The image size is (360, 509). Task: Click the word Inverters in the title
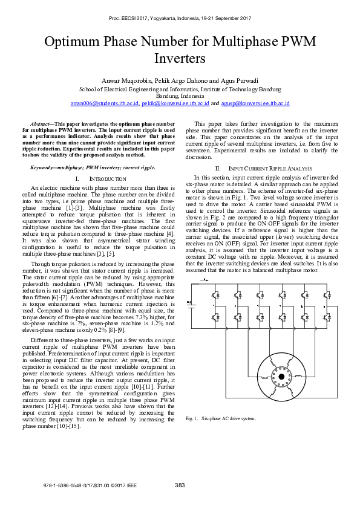180,58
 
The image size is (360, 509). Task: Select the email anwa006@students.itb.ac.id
104,103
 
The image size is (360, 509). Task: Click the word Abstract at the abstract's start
40,123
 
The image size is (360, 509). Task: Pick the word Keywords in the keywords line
44,167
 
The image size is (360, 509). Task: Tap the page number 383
180,485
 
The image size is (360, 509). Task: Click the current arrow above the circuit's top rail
206,281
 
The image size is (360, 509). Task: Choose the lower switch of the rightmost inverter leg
327,316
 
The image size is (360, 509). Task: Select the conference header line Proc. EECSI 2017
180,19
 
